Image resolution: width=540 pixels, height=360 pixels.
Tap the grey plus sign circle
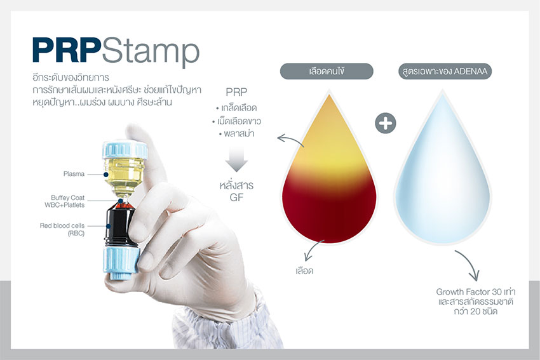[385, 123]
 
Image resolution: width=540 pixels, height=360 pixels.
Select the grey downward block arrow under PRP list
[236, 158]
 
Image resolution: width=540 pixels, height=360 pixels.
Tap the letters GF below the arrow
[236, 197]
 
